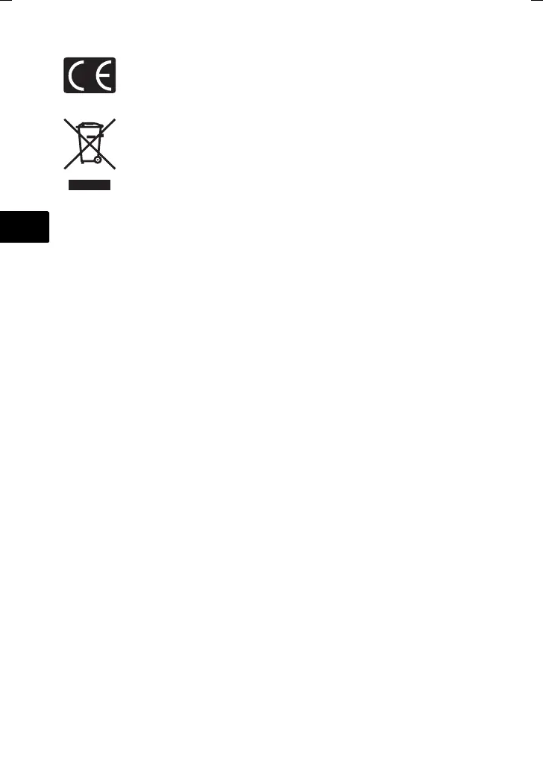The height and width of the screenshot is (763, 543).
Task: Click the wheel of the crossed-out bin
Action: (x=98, y=159)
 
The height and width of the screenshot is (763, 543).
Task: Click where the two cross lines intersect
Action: (x=90, y=144)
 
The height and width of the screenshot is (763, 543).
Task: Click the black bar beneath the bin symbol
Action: (x=90, y=184)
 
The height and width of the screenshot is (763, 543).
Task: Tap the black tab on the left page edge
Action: (x=24, y=227)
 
